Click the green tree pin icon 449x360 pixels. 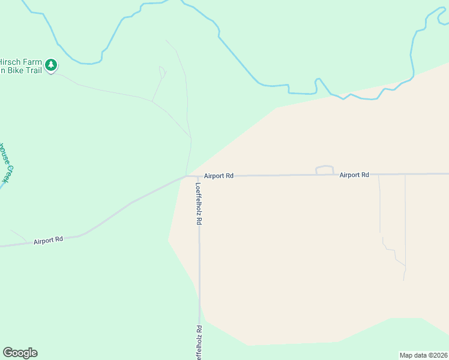click(x=52, y=64)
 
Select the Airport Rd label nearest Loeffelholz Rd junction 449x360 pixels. click(x=218, y=176)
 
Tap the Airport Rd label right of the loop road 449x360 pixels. click(x=354, y=175)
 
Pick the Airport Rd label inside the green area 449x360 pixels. click(x=48, y=240)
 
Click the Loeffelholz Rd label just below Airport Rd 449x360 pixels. click(x=199, y=203)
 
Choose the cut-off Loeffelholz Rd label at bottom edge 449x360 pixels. click(x=199, y=343)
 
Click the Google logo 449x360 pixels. click(x=20, y=353)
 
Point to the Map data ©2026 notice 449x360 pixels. click(x=424, y=355)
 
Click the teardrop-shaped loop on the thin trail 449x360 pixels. click(x=162, y=72)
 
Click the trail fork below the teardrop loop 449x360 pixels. click(x=152, y=101)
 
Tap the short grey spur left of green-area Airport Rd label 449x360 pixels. click(x=18, y=235)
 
